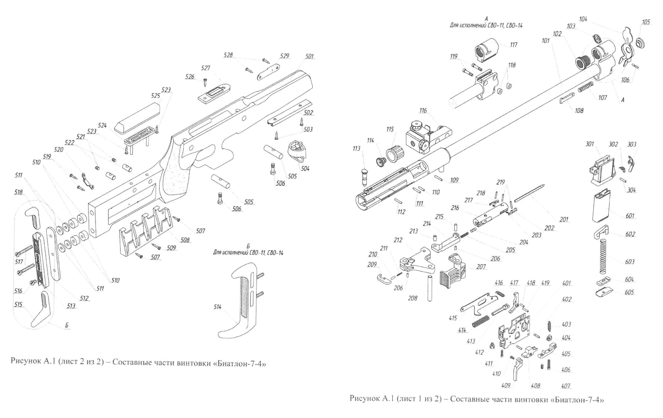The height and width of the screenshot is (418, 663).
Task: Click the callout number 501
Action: point(309,56)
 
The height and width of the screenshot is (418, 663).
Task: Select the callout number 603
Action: point(630,262)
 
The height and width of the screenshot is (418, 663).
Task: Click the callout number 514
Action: point(218,307)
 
